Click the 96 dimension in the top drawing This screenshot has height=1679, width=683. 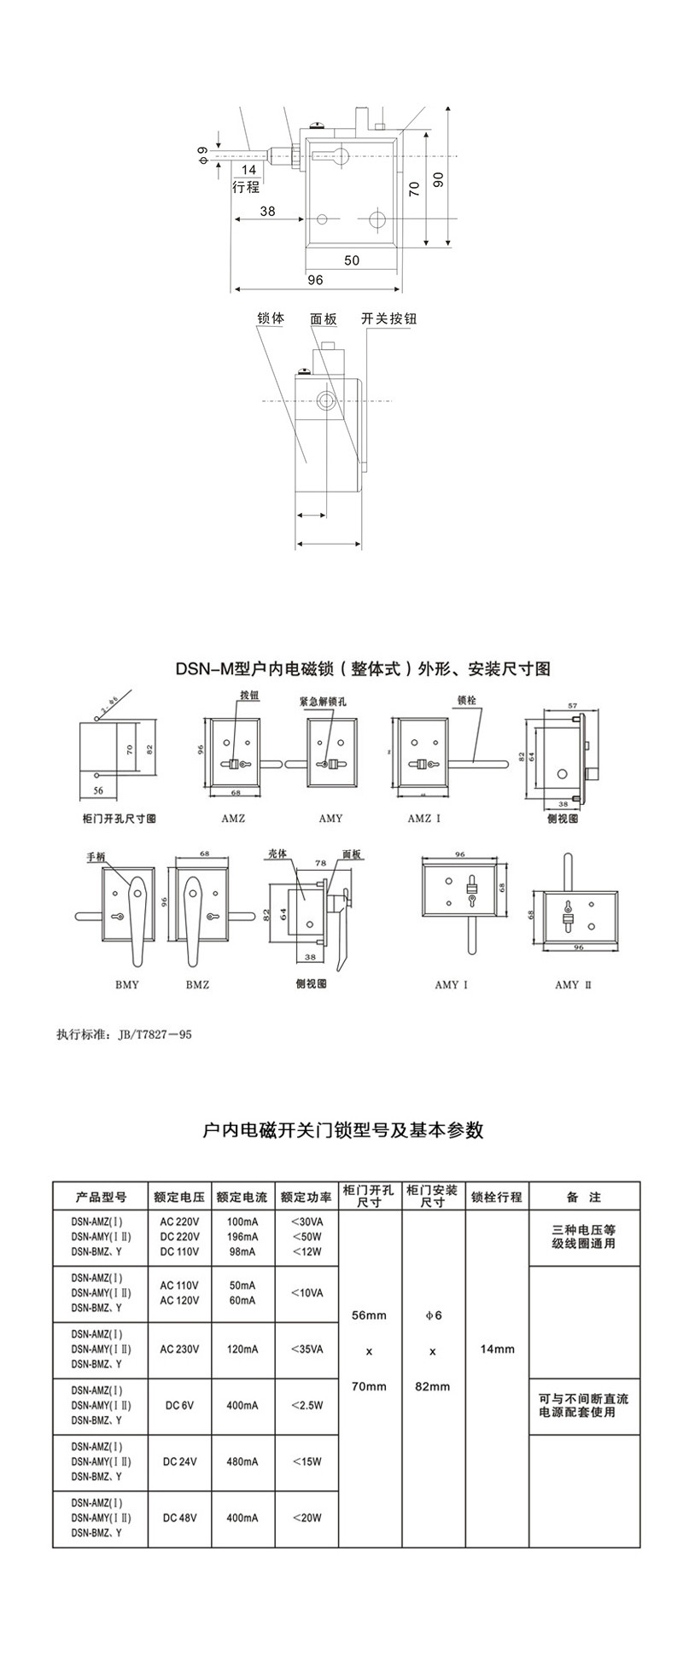[315, 279]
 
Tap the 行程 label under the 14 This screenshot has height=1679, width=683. [246, 187]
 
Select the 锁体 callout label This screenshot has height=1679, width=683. [271, 318]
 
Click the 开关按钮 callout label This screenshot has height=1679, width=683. [389, 318]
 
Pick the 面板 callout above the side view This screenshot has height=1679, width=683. [324, 318]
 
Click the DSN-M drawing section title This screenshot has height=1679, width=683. [363, 668]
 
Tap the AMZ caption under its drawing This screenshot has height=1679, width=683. [232, 818]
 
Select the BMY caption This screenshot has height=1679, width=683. [126, 984]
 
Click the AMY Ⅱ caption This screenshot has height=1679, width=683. [573, 984]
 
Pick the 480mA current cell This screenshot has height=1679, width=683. [242, 1461]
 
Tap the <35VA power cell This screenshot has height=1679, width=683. [306, 1350]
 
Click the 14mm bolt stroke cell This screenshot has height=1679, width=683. [497, 1350]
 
